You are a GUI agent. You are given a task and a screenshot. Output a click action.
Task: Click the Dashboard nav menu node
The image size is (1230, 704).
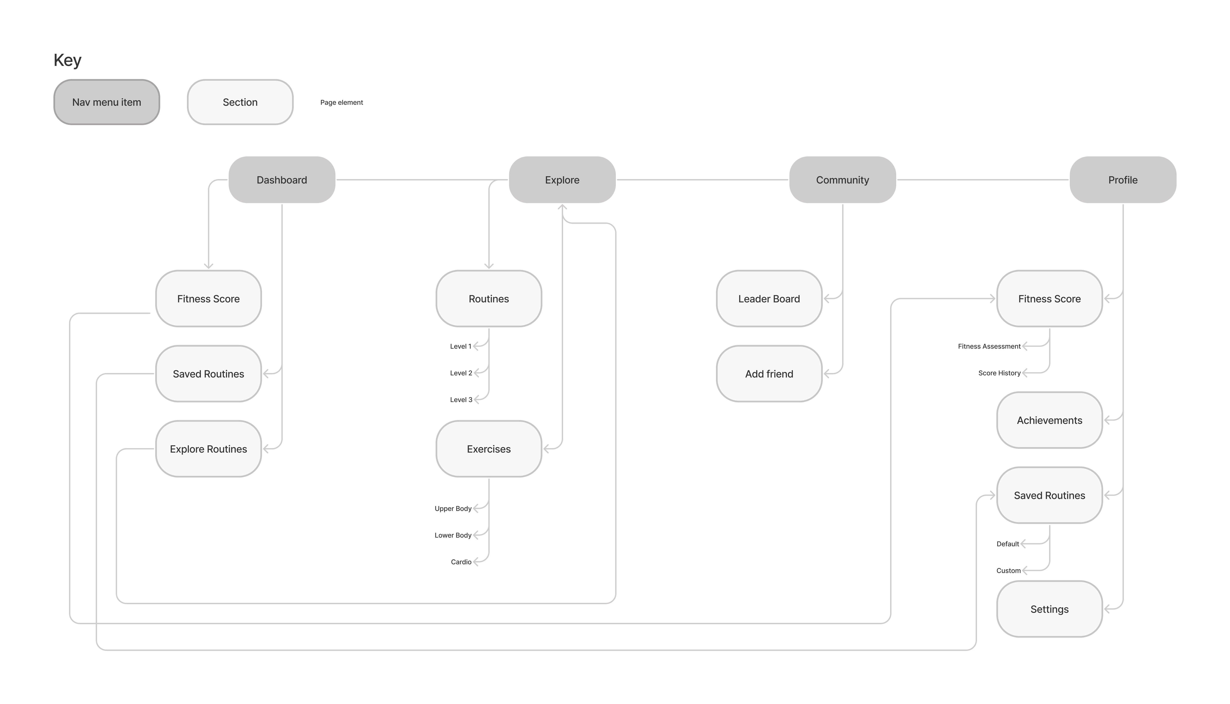281,180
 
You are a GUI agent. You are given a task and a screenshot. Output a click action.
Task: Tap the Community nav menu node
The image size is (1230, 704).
842,180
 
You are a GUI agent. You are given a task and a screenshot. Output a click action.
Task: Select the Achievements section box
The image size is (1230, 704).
1049,420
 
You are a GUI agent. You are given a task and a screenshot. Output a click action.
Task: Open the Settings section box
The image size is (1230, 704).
1049,609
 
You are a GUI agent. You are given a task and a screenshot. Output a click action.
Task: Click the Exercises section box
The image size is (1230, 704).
489,449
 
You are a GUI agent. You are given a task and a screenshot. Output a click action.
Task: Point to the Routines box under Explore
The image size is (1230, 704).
489,299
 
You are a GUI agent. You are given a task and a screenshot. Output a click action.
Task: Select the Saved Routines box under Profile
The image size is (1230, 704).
1049,496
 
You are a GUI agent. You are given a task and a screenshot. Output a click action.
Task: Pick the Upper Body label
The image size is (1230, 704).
453,509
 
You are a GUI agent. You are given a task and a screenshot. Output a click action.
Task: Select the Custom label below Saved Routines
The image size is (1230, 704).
1008,571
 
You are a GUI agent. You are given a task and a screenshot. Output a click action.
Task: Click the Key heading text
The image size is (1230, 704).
67,60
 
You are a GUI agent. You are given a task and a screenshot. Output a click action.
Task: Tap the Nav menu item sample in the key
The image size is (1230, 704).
106,102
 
